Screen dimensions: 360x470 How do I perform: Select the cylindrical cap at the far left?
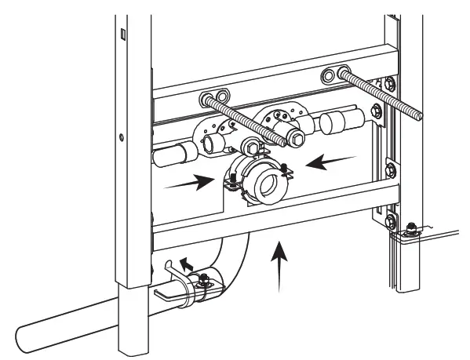coord(168,155)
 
